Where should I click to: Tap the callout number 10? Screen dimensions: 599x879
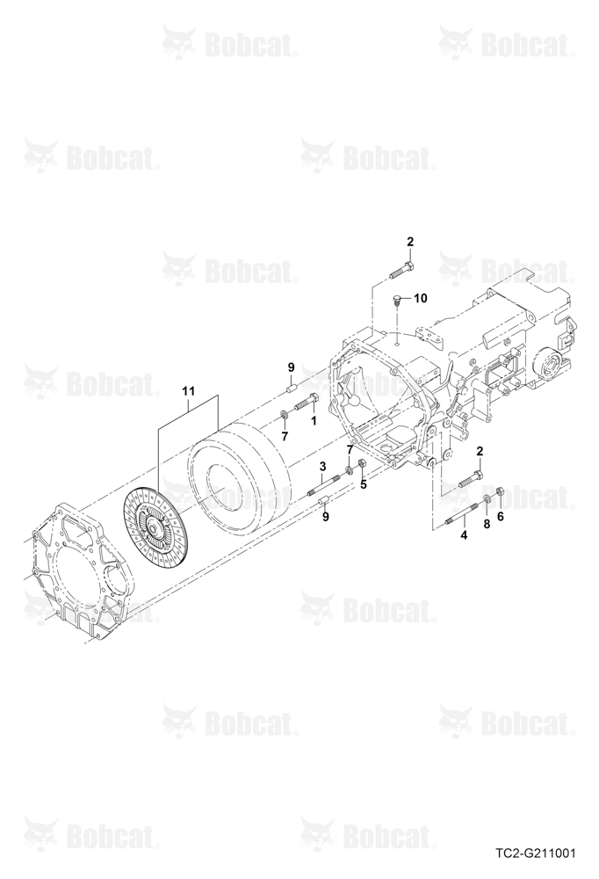click(x=420, y=298)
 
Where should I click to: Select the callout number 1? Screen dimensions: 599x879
click(x=314, y=419)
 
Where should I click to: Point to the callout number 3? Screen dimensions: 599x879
click(x=322, y=466)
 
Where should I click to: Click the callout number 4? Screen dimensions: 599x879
click(x=464, y=535)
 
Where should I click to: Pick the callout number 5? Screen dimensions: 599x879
click(x=363, y=484)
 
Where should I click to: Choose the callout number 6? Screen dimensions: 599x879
click(x=501, y=516)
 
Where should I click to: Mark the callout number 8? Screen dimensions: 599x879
click(x=487, y=524)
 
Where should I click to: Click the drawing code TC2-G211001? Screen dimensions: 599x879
click(x=535, y=854)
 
